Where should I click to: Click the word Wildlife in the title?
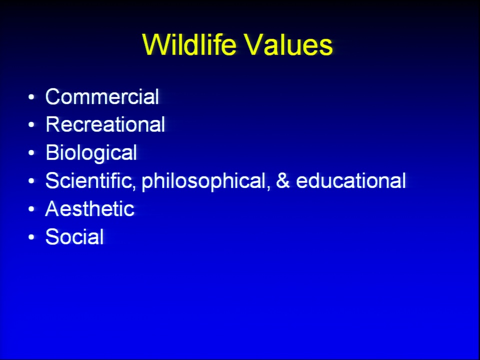pyautogui.click(x=189, y=44)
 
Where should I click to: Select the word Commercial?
pyautogui.click(x=102, y=96)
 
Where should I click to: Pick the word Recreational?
pyautogui.click(x=105, y=124)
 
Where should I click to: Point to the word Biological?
pyautogui.click(x=91, y=153)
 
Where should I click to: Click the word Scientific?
pyautogui.click(x=89, y=180)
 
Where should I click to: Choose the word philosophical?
pyautogui.click(x=204, y=181)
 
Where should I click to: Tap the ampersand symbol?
pyautogui.click(x=283, y=180)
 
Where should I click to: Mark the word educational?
pyautogui.click(x=351, y=180)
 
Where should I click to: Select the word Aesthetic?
pyautogui.click(x=89, y=209)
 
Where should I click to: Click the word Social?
pyautogui.click(x=74, y=236)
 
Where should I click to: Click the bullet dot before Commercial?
pyautogui.click(x=31, y=97)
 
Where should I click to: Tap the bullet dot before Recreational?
pyautogui.click(x=31, y=125)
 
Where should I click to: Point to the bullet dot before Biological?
pyautogui.click(x=31, y=153)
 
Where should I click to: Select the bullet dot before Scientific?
pyautogui.click(x=31, y=181)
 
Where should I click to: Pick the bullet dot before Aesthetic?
pyautogui.click(x=31, y=209)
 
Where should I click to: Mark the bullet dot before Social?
pyautogui.click(x=31, y=237)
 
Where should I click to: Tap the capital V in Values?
pyautogui.click(x=254, y=44)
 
